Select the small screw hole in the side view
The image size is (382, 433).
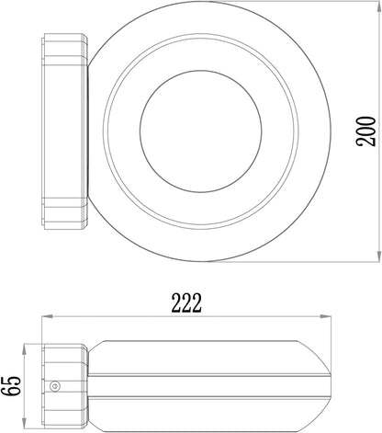point(59,386)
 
